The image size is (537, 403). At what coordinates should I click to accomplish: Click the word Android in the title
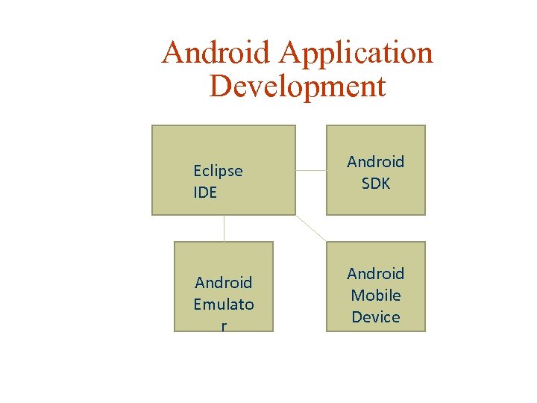[x=216, y=53]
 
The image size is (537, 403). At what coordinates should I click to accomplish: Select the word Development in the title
[x=298, y=86]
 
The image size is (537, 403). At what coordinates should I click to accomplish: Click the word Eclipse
[x=218, y=171]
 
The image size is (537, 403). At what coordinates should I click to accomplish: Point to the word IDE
[x=205, y=193]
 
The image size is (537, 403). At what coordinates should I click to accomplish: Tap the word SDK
[x=376, y=183]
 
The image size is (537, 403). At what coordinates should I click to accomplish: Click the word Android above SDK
[x=376, y=162]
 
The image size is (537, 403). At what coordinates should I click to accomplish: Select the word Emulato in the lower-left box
[x=224, y=304]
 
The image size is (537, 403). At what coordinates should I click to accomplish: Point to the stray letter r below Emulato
[x=224, y=325]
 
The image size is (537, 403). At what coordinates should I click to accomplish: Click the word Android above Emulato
[x=224, y=283]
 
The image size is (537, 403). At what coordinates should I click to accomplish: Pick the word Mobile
[x=376, y=296]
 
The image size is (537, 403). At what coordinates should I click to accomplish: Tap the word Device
[x=376, y=317]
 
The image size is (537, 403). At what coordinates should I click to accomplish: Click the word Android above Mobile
[x=376, y=274]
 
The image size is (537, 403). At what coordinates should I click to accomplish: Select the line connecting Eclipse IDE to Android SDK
[x=311, y=169]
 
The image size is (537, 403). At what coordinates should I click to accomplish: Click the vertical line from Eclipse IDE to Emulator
[x=224, y=228]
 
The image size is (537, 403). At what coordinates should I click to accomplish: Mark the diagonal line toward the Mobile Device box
[x=311, y=228]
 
